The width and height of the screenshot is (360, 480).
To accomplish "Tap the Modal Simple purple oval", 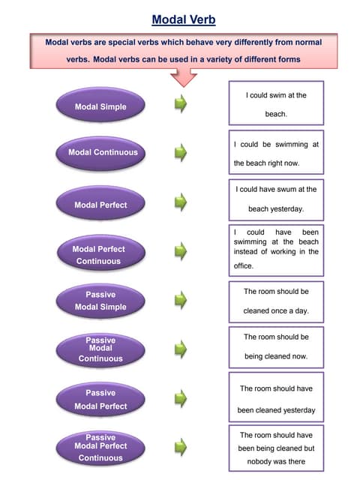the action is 101,106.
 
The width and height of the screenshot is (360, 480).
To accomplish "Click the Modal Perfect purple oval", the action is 101,205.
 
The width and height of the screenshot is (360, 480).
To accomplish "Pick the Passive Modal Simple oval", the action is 100,301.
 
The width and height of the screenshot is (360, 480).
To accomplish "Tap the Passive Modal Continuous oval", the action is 100,349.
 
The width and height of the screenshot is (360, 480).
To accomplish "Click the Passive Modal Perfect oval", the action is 100,400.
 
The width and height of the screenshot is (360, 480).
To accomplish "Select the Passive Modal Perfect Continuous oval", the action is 100,447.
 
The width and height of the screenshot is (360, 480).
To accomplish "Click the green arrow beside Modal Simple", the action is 181,103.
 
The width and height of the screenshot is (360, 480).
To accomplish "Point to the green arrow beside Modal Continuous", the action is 181,153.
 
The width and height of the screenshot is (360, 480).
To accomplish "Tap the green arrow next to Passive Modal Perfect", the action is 181,399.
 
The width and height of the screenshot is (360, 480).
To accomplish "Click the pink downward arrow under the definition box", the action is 183,78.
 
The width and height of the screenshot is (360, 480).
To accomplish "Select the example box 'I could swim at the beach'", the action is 276,103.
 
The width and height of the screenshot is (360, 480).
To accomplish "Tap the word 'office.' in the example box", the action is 244,265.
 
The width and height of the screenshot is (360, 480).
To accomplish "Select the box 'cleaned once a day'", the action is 276,300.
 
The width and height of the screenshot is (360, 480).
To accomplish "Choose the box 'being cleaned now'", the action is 276,346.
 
